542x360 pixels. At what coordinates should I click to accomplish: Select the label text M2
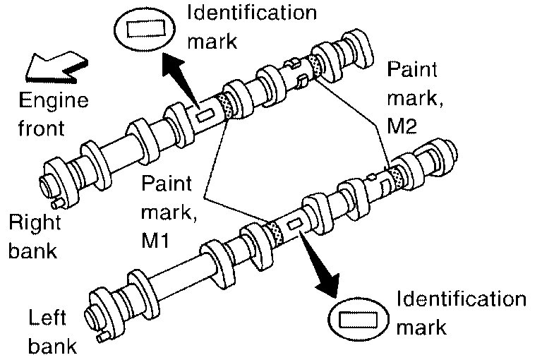pyautogui.click(x=402, y=127)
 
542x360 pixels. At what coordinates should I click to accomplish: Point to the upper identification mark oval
pyautogui.click(x=144, y=32)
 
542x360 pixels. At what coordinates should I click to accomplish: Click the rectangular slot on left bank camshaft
pyautogui.click(x=295, y=224)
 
